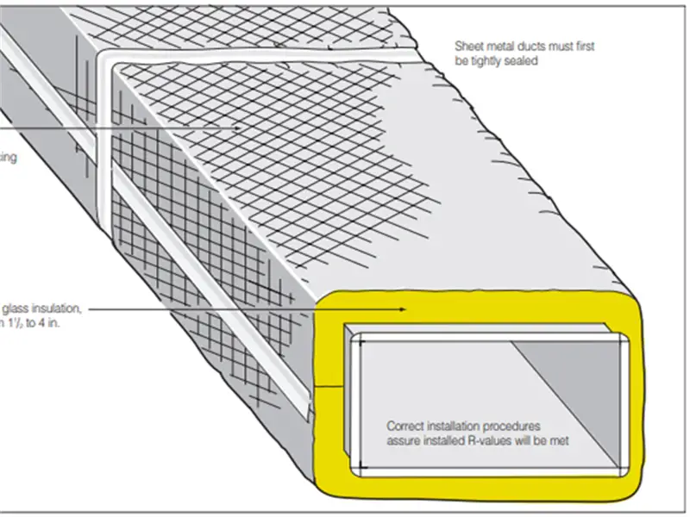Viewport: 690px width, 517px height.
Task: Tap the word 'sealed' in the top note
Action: point(522,62)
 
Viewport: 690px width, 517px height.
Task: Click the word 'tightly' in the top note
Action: point(490,62)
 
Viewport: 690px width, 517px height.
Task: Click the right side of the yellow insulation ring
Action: point(634,396)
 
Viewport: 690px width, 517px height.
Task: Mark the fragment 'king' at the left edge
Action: point(7,158)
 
